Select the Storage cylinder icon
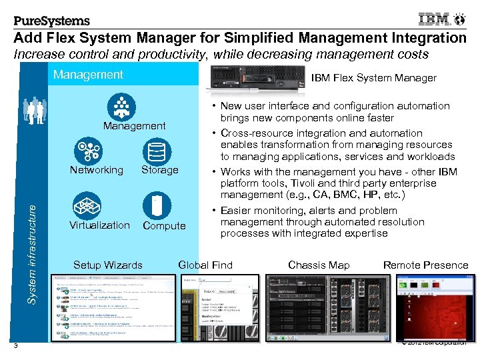157,151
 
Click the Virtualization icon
87,204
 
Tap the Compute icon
157,205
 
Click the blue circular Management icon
121,107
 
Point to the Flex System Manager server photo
255,77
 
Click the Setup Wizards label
107,265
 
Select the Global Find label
205,265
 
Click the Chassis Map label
319,265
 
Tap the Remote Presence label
425,265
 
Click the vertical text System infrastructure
31,253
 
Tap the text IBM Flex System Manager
374,78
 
